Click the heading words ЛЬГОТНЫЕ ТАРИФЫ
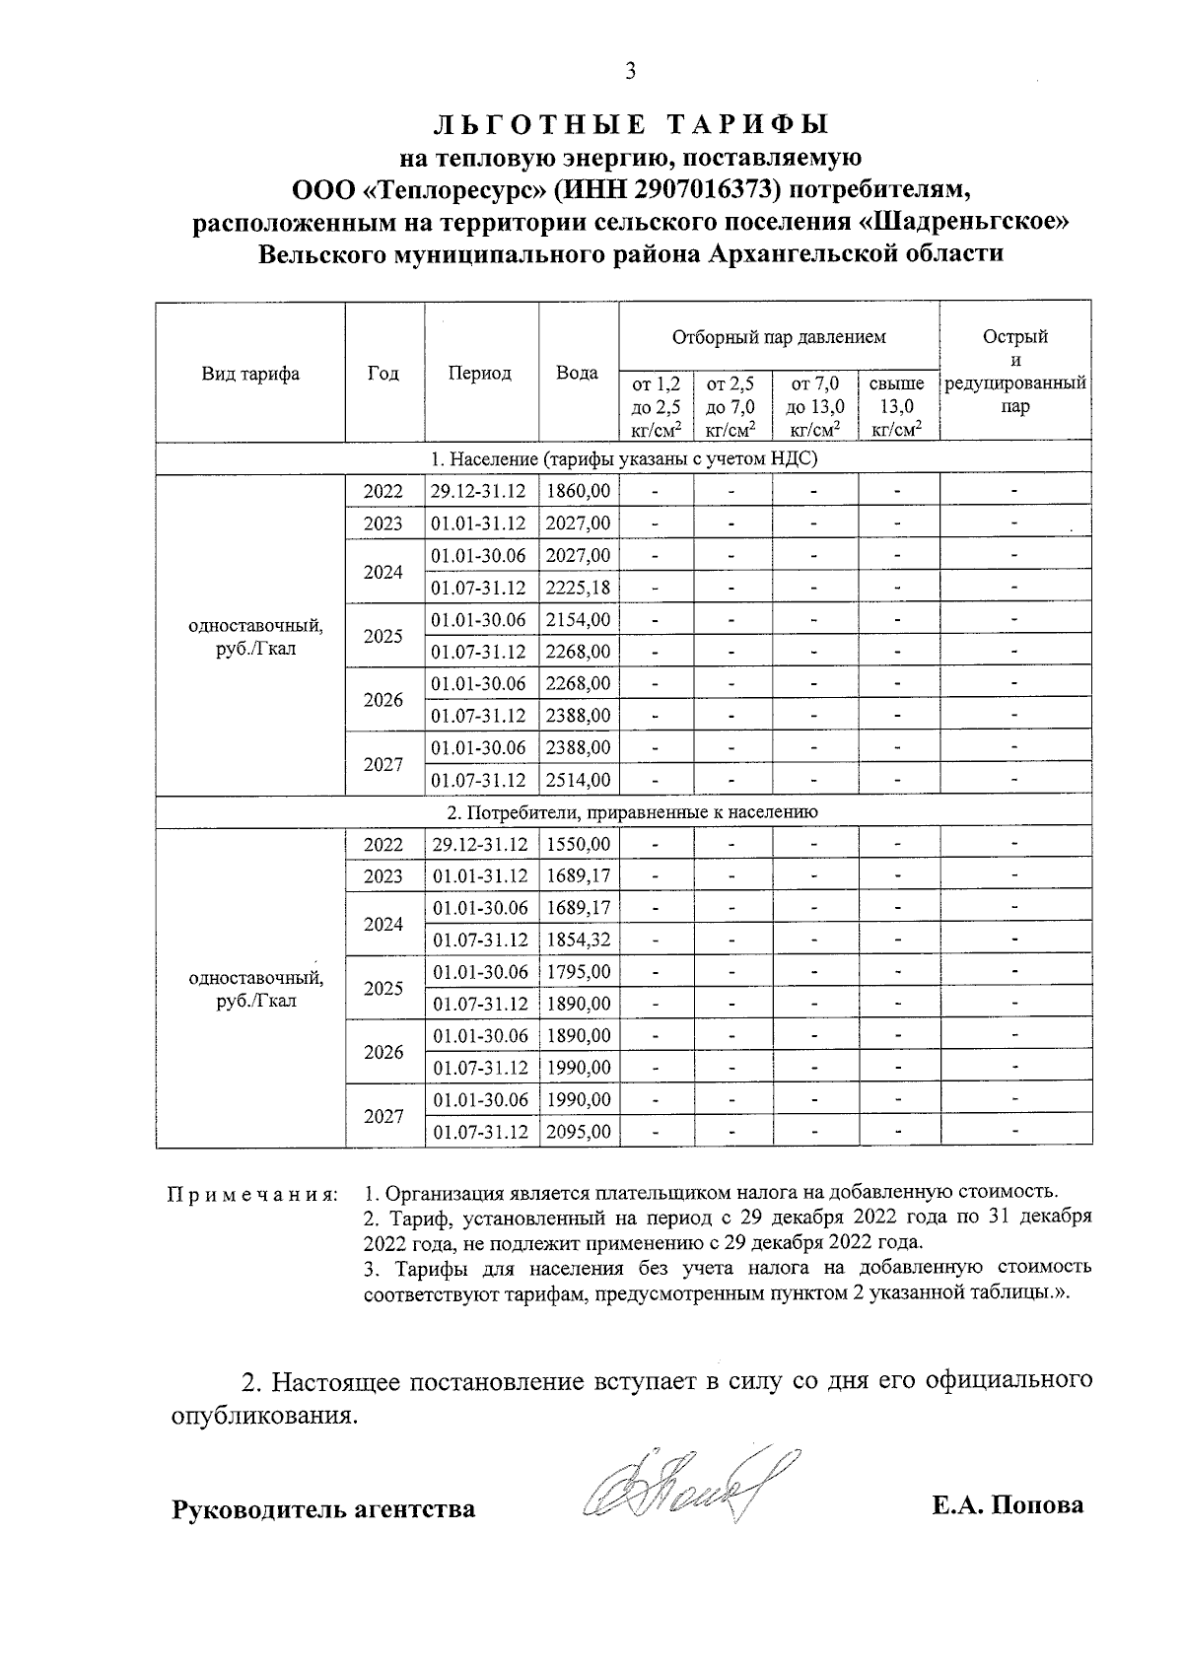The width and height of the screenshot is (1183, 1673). point(631,125)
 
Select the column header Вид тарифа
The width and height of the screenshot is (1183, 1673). point(250,374)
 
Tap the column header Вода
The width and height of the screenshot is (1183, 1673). point(577,374)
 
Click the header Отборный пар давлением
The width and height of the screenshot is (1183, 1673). point(778,337)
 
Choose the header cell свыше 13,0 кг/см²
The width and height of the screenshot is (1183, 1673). point(897,405)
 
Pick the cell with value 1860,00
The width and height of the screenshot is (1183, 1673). point(578,491)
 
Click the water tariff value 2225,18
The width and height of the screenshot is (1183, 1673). point(578,588)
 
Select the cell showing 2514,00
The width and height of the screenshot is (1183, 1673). point(578,780)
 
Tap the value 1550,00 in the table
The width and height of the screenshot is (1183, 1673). point(578,844)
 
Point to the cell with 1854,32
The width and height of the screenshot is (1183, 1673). point(578,941)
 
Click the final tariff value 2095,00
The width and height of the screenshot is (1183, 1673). point(578,1132)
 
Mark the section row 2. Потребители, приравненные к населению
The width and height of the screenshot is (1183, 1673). point(623,812)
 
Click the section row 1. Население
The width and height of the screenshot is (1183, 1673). point(623,459)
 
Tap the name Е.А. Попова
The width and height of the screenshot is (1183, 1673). point(1007,1504)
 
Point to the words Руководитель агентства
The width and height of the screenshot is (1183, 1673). point(323,1508)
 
